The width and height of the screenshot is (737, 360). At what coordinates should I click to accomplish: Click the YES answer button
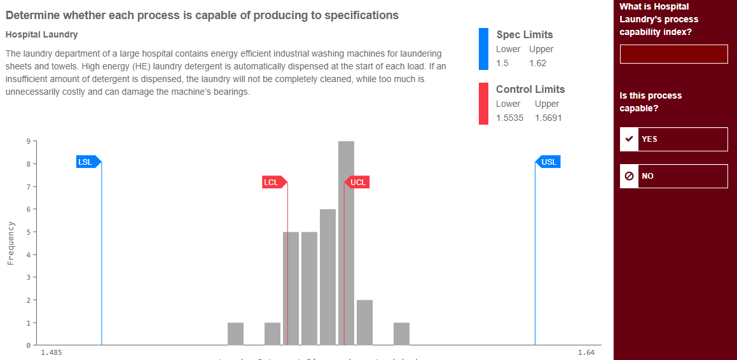(673, 139)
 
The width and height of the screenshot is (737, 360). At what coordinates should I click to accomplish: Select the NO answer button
(673, 176)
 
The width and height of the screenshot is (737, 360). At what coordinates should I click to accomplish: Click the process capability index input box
(673, 54)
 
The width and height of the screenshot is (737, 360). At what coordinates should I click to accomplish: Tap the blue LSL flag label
(86, 162)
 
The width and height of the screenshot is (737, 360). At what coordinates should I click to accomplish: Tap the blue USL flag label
(549, 162)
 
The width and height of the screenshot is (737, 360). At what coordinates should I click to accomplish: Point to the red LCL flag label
(272, 183)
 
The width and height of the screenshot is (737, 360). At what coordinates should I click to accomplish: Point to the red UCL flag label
(358, 183)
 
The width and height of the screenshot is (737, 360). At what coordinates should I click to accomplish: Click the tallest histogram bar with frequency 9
(346, 242)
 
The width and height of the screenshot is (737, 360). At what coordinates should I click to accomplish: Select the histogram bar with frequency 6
(327, 277)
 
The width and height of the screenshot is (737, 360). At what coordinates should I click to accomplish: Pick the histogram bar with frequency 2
(364, 322)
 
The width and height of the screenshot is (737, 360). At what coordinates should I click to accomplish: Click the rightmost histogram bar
(401, 333)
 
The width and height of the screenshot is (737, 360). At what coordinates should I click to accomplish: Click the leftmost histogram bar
(235, 333)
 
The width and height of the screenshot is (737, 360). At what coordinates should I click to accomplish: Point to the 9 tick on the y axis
(27, 141)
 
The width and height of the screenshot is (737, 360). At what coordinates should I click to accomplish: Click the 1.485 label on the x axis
(51, 352)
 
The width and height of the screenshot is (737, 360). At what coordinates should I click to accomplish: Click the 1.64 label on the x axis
(586, 352)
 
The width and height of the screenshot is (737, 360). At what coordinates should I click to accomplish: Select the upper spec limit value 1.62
(537, 63)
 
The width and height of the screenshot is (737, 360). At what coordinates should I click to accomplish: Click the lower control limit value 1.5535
(509, 118)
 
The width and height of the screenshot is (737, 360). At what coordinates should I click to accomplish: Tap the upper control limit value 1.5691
(548, 118)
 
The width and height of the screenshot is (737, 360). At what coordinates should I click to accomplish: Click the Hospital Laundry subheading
(41, 34)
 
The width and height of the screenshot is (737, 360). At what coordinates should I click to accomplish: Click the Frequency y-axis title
(11, 242)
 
